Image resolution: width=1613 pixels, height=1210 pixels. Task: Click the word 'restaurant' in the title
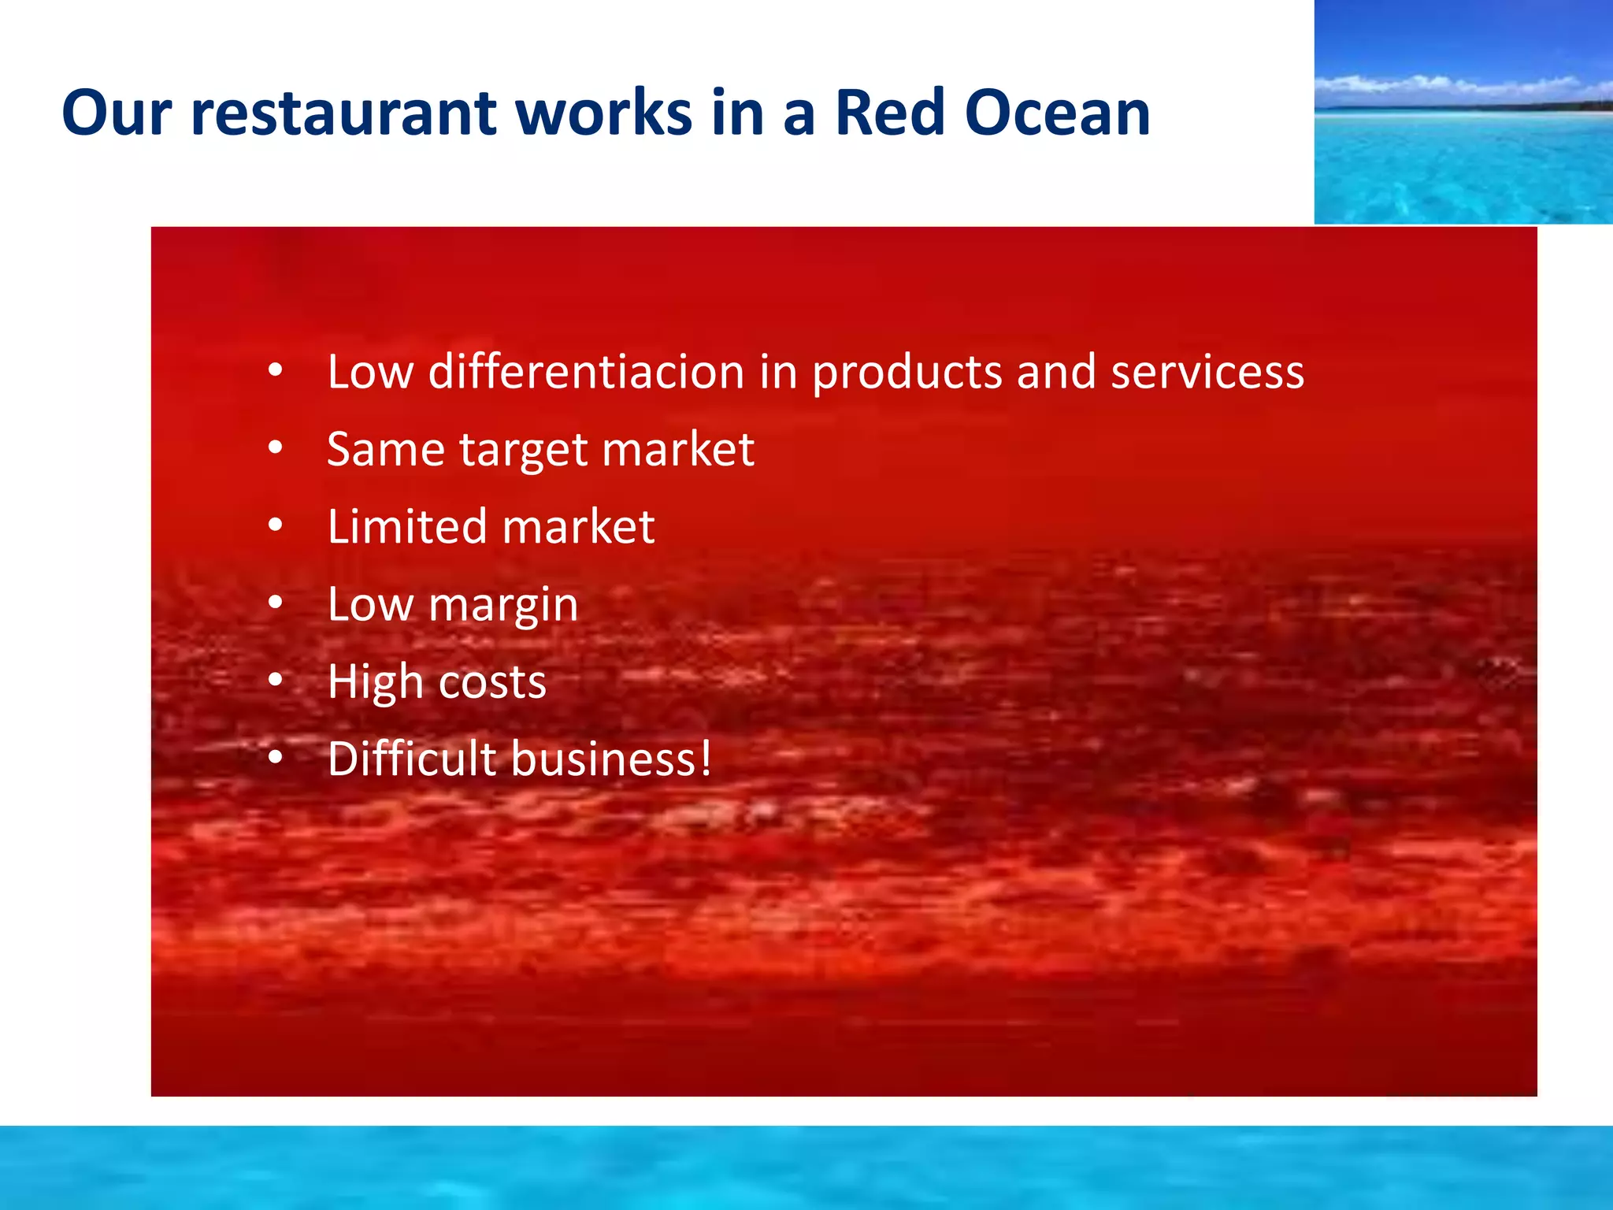click(343, 113)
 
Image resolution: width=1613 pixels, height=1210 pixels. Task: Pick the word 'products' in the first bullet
click(907, 373)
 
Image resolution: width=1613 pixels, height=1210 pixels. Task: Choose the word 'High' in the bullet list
click(376, 681)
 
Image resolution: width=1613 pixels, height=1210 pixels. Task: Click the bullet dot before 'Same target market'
click(275, 447)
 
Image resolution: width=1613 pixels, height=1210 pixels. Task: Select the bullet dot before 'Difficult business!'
click(275, 757)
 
